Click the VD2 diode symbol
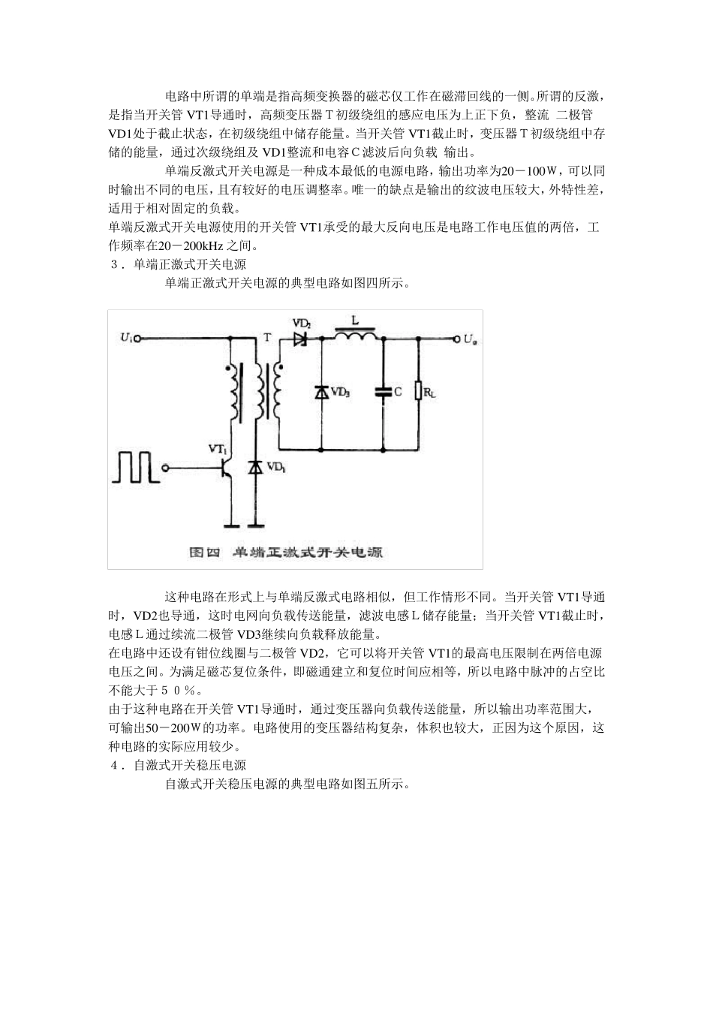point(302,339)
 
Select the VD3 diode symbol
point(321,392)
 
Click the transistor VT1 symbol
point(225,468)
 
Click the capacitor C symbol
point(384,392)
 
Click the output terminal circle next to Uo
point(455,339)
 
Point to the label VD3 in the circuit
point(341,392)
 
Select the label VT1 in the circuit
point(218,448)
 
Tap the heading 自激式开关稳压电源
point(190,766)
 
